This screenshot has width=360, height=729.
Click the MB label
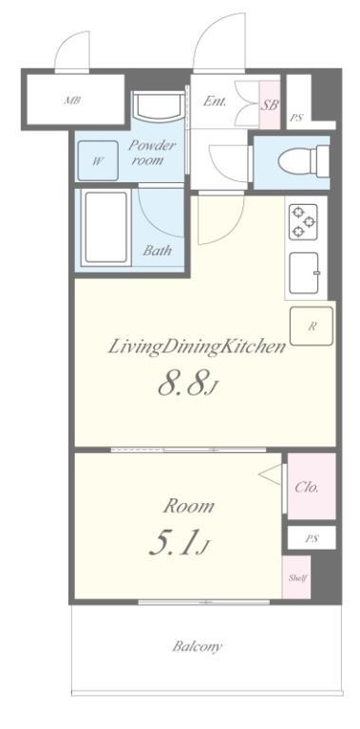(x=71, y=100)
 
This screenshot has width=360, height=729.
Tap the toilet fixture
(x=304, y=160)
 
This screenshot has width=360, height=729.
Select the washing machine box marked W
(x=98, y=160)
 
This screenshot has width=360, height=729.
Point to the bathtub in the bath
(x=105, y=228)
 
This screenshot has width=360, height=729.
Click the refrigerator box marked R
(x=312, y=326)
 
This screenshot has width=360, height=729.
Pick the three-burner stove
(x=303, y=222)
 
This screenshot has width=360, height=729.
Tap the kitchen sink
(x=304, y=273)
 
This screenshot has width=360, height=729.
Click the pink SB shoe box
(x=270, y=105)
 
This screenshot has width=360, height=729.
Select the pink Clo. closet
(x=312, y=486)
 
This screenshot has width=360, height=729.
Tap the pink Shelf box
(x=296, y=577)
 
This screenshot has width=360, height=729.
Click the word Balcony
(x=197, y=646)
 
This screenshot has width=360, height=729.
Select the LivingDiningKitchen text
(x=197, y=346)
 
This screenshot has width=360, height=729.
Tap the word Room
(x=189, y=506)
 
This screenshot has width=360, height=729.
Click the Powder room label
(x=151, y=153)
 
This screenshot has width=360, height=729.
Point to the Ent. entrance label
(x=215, y=102)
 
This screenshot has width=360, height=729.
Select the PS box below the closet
(x=312, y=538)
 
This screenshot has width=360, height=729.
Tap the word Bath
(x=158, y=251)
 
